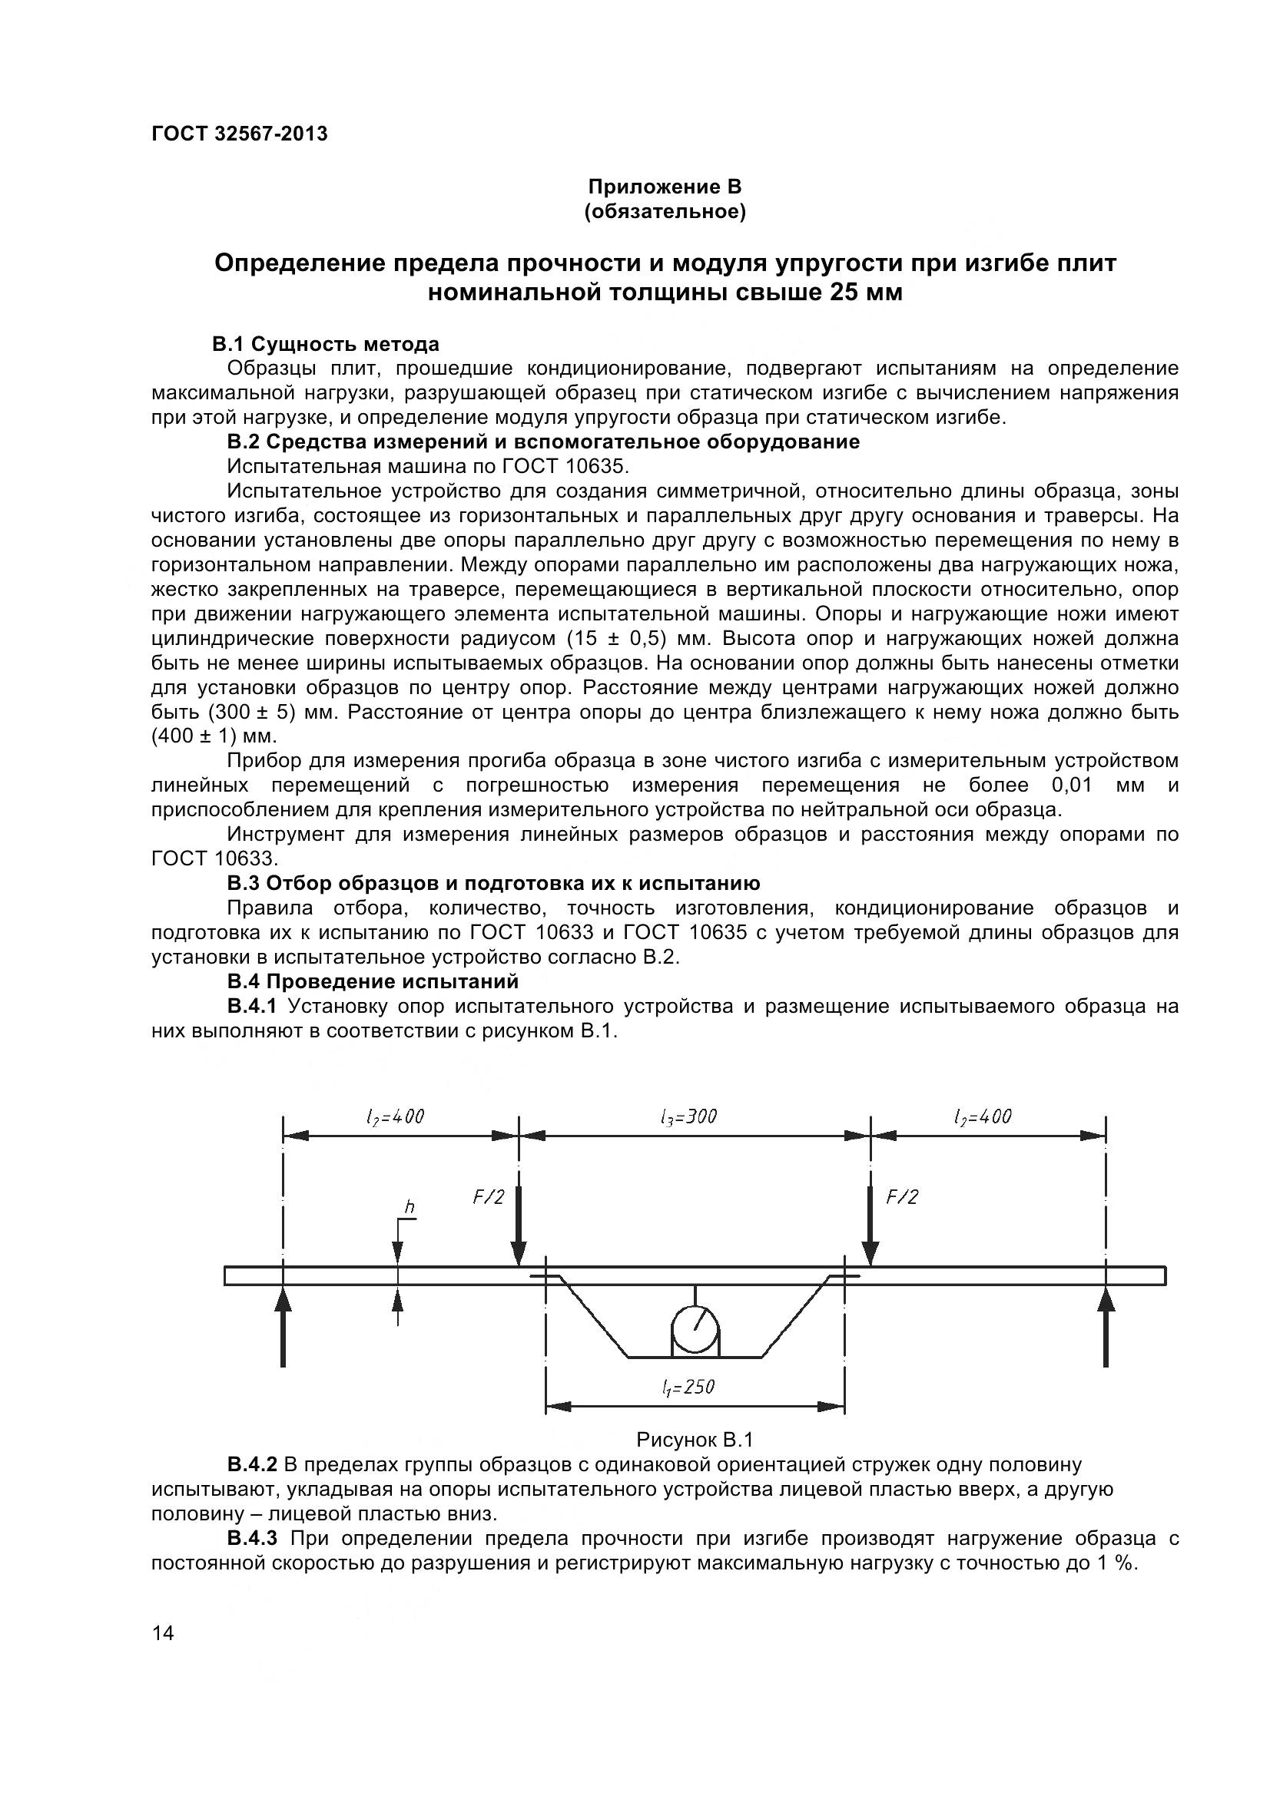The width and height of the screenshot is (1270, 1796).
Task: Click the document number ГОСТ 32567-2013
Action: coord(240,134)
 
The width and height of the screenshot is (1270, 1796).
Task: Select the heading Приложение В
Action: coord(665,187)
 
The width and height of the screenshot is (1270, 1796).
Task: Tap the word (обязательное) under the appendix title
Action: coord(665,212)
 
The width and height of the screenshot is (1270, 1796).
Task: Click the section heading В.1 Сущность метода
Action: coord(326,344)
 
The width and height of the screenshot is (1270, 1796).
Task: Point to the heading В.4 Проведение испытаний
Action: coord(373,981)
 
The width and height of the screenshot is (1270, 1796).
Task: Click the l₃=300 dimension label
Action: coord(688,1117)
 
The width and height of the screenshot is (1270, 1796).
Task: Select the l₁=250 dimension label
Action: coord(688,1388)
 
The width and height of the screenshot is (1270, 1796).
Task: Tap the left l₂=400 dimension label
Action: coord(395,1117)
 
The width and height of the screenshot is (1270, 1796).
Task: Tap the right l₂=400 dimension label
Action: coord(983,1117)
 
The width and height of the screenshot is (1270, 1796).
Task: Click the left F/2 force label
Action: coord(489,1197)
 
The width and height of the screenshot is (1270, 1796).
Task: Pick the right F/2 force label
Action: coord(901,1197)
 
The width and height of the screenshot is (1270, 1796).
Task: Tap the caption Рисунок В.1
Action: coord(694,1440)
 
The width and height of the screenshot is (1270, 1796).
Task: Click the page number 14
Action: coord(164,1633)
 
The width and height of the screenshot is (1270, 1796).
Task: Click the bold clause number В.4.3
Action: coord(252,1539)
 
